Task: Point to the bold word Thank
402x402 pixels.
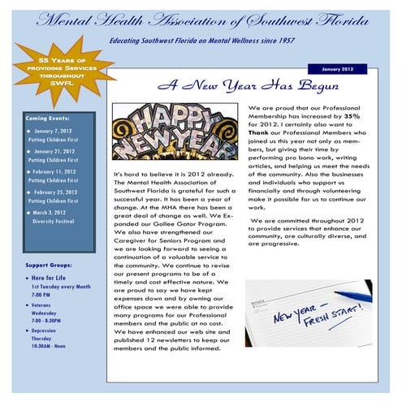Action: click(259, 132)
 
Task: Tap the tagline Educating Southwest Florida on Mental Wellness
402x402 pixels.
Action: click(201, 39)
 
